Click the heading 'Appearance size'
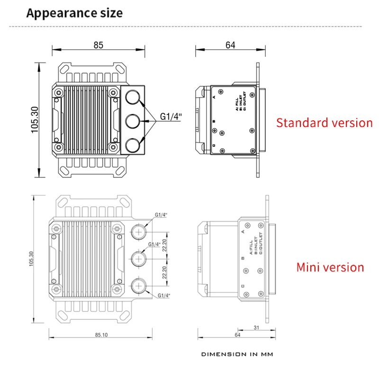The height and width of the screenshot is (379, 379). pos(74,13)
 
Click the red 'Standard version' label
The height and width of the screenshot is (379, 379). pos(325,123)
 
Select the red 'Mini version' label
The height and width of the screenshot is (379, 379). pos(330,267)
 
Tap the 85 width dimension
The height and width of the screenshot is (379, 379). pos(98,45)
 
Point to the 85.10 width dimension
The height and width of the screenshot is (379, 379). pos(101,334)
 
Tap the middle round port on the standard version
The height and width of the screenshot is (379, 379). pos(134,121)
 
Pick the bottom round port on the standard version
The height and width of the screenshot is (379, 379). pos(134,144)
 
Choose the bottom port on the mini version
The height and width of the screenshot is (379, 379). pos(139,286)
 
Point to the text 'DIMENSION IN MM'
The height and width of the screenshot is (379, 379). pos(237,354)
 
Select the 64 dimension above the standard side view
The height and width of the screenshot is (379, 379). pos(230,45)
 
